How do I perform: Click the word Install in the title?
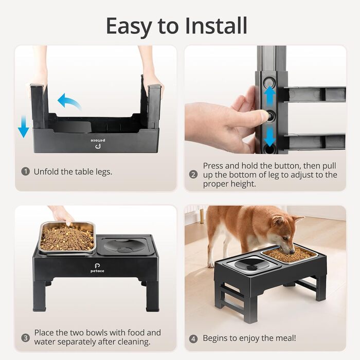[x=216, y=26]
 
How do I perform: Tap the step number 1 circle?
[x=26, y=171]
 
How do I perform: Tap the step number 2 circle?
[x=193, y=174]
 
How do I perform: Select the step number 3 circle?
[x=26, y=338]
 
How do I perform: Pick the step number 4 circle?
[x=193, y=338]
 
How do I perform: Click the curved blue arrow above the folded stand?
[x=69, y=101]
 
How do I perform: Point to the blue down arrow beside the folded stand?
[x=24, y=127]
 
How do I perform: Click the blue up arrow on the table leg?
[x=269, y=98]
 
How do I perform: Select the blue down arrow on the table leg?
[x=269, y=137]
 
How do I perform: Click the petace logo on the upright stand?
[x=97, y=268]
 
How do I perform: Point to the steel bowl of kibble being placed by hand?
[x=67, y=238]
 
